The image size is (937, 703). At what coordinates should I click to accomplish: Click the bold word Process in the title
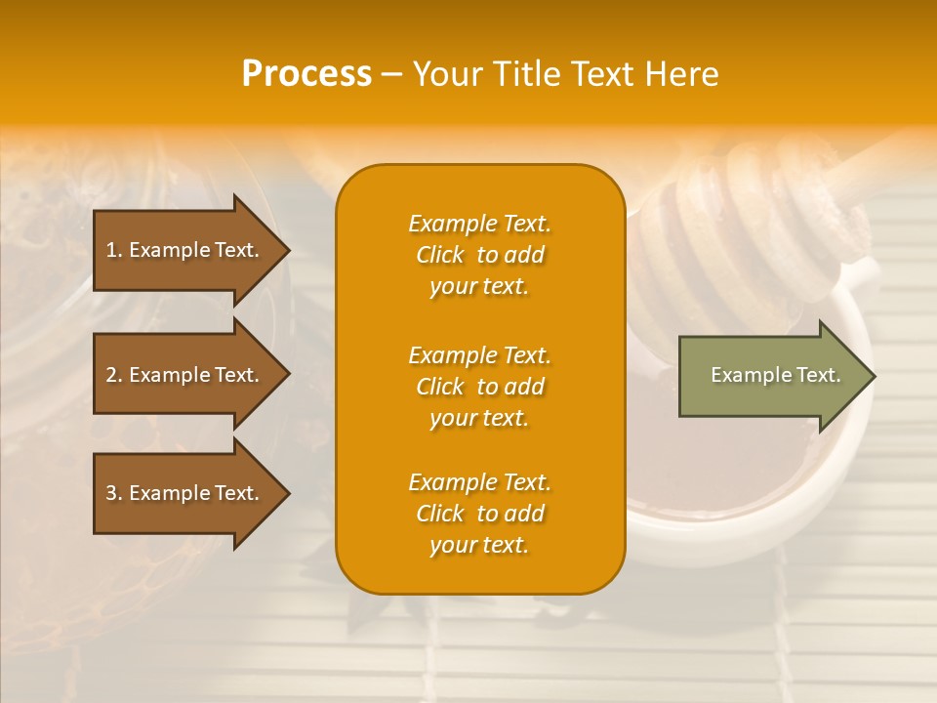click(x=306, y=73)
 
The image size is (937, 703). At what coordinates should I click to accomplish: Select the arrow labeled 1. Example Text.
click(x=185, y=250)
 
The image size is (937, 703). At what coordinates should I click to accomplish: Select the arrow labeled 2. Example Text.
click(x=185, y=375)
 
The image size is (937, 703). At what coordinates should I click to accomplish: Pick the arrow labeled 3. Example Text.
click(x=185, y=493)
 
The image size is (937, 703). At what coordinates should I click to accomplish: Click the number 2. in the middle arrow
click(x=114, y=375)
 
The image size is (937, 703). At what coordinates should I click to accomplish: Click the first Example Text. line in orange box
click(x=479, y=224)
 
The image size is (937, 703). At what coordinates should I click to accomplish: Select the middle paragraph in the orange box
click(x=479, y=387)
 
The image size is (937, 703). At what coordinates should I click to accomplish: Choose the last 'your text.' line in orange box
click(x=479, y=546)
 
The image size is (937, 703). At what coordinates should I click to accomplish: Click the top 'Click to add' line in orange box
click(x=479, y=255)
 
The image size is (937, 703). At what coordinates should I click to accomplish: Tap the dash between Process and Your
click(x=391, y=74)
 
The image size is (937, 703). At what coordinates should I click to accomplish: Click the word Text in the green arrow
click(x=818, y=375)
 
